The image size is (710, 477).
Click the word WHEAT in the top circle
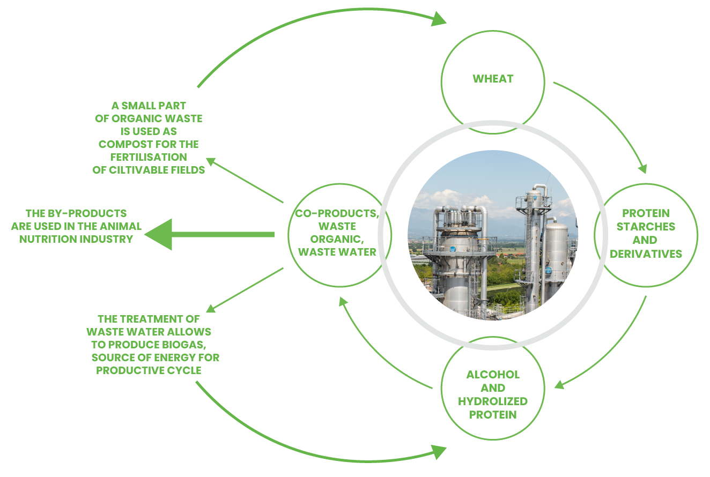[493, 79]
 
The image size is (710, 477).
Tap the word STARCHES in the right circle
[646, 227]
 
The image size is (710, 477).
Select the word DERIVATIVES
[646, 254]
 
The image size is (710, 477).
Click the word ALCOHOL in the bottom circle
[493, 375]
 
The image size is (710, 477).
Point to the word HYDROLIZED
[493, 401]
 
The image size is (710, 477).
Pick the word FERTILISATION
[149, 157]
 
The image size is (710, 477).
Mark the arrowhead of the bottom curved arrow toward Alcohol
[438, 452]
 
